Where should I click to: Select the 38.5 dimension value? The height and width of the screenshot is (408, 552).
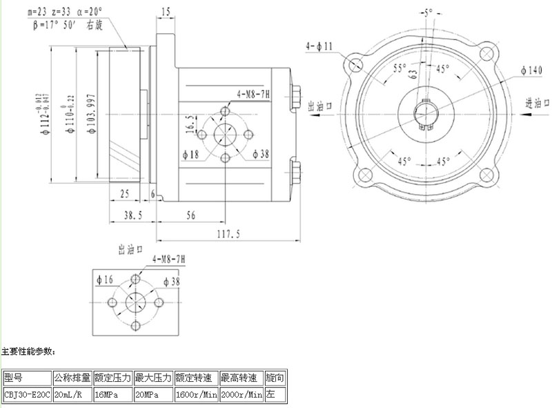point(132,215)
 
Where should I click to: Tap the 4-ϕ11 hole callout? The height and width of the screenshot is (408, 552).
point(319,46)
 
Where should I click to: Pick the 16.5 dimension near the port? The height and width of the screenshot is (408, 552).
point(190,125)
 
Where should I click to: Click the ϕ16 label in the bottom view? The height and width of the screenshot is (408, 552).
point(105,280)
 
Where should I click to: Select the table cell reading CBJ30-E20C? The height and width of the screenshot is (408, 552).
point(27,395)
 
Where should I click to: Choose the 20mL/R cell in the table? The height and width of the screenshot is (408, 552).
point(72,395)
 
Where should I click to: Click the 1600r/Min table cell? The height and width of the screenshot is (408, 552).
point(197,395)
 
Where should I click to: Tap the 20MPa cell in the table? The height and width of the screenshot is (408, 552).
point(154,395)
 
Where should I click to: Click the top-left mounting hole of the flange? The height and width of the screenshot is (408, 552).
point(356,65)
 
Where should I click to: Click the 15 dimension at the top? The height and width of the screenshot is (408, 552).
point(166,12)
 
